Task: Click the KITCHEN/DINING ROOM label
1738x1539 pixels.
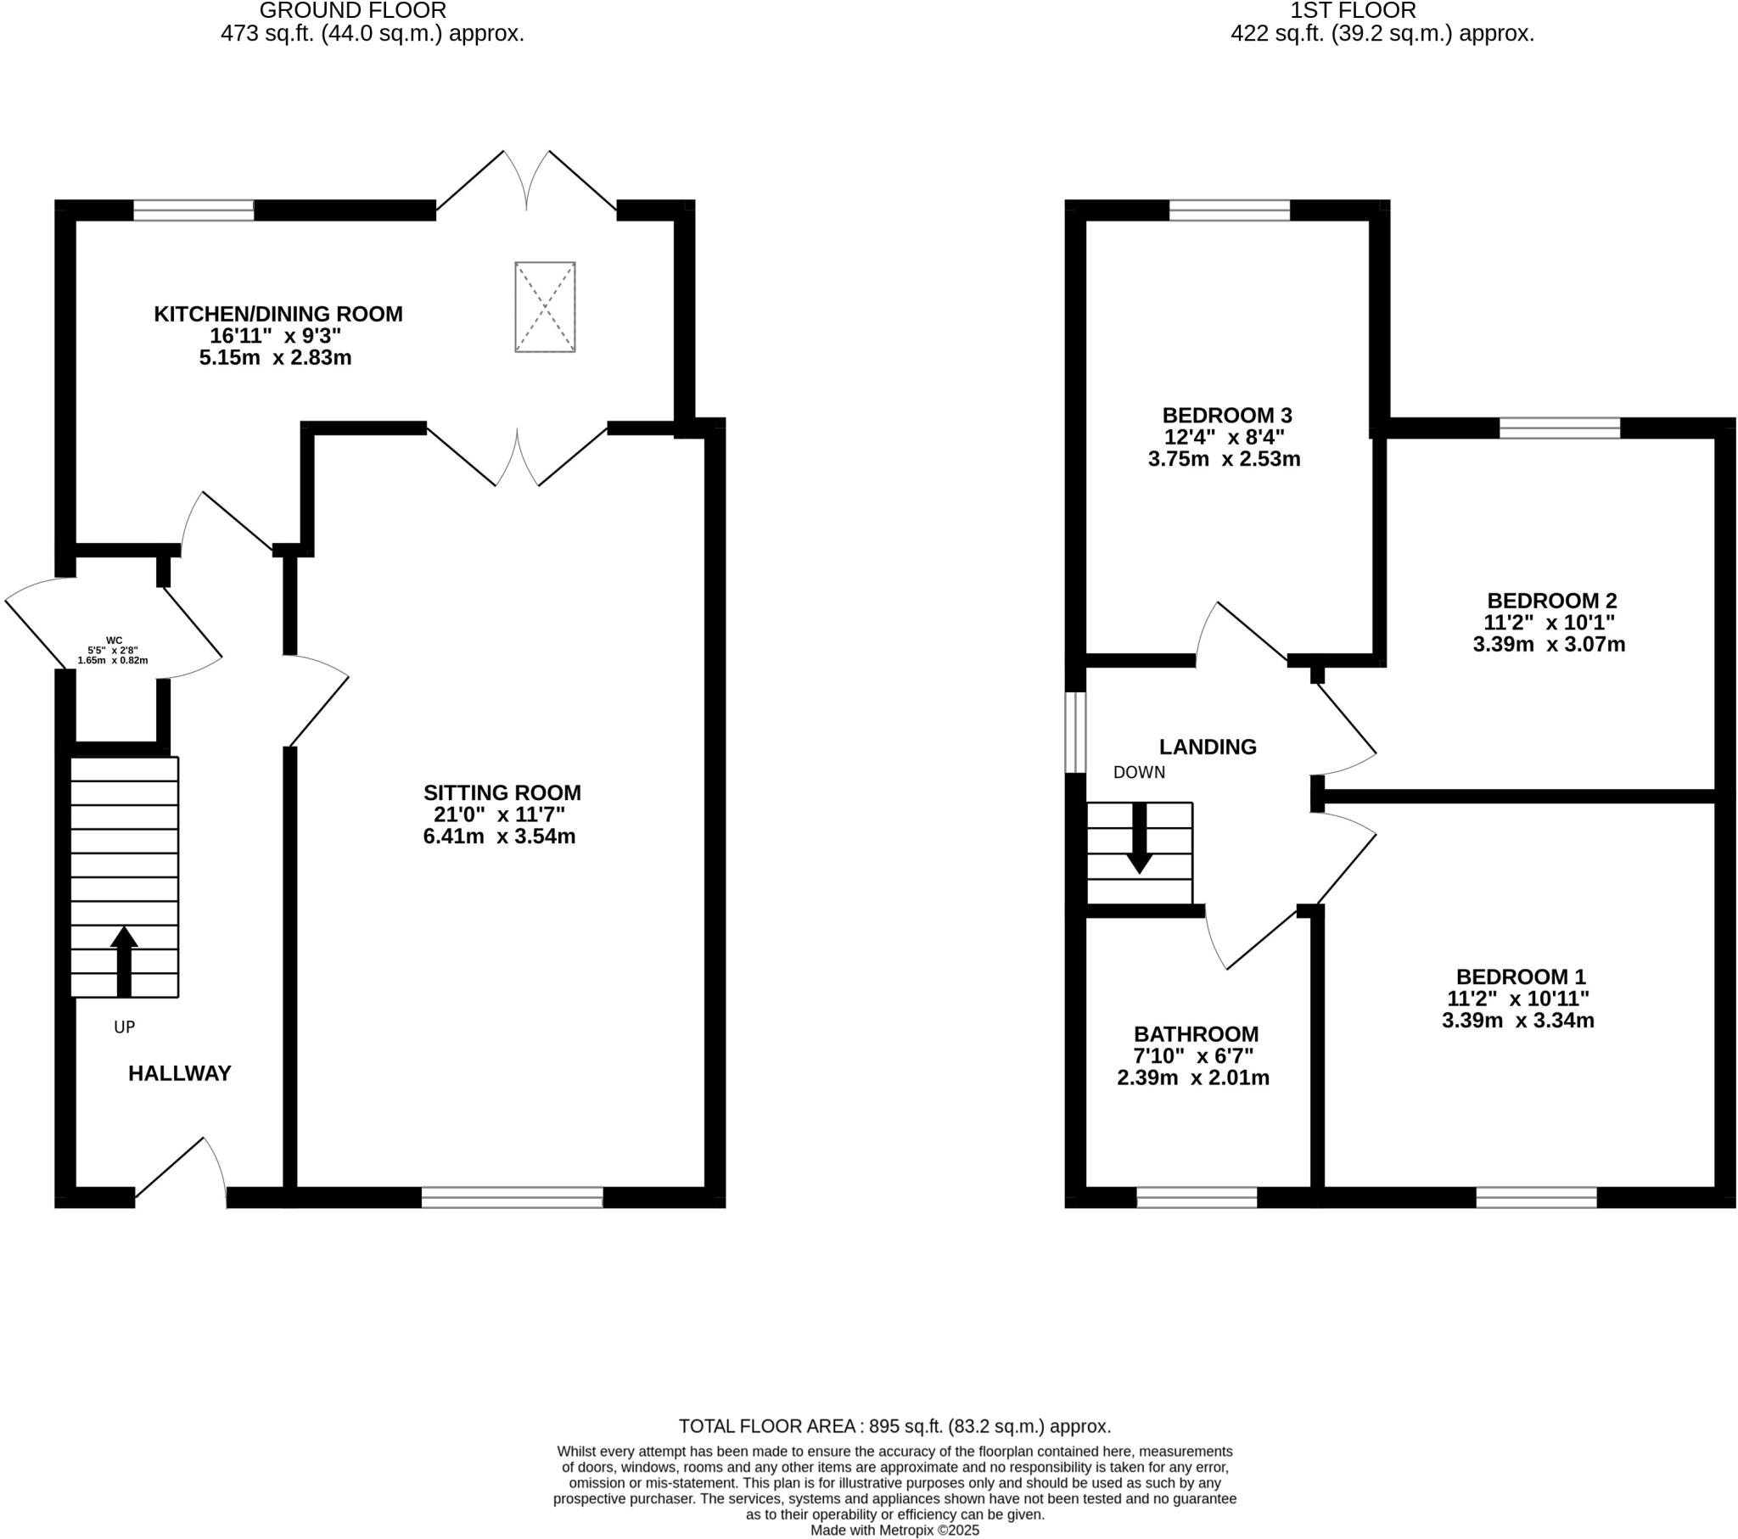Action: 278,314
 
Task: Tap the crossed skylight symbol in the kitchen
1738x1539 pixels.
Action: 545,307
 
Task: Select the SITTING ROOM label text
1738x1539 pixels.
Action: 502,792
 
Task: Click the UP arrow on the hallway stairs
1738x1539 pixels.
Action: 124,960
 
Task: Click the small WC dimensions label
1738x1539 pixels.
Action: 113,651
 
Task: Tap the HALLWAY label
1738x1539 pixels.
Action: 179,1073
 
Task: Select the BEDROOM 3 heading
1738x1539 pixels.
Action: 1226,415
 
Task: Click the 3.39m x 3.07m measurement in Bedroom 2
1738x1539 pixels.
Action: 1549,645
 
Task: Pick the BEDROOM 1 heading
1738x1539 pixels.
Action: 1520,977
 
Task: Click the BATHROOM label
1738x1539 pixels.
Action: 1196,1034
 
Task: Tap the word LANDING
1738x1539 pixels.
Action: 1207,747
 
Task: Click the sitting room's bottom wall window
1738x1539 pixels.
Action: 512,1198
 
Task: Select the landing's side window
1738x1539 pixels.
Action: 1075,732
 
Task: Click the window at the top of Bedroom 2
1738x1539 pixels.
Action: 1559,428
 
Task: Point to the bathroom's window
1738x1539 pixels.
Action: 1197,1198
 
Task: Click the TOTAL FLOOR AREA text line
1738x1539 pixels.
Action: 894,1426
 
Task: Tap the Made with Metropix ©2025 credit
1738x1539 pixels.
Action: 894,1530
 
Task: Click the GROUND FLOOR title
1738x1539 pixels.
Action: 352,11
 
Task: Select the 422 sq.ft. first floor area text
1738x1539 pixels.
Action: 1382,34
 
